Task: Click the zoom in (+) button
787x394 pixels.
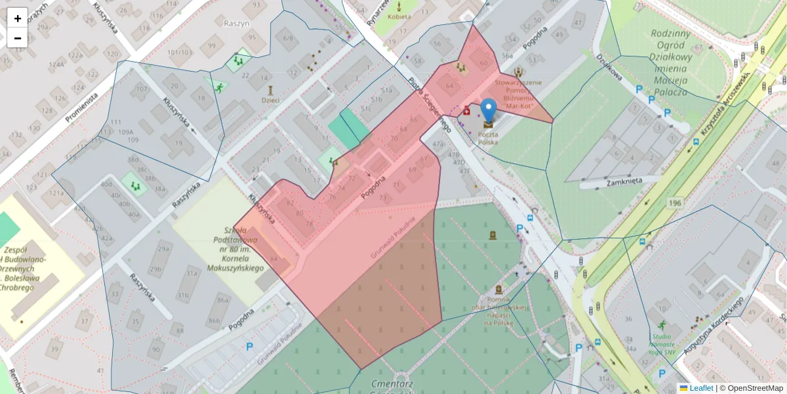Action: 17,18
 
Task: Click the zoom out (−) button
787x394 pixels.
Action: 17,38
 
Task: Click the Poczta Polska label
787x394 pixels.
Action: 487,138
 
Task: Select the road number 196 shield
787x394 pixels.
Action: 676,204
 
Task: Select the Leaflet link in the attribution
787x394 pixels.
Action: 701,388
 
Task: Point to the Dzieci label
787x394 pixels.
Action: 270,100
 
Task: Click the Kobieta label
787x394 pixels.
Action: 399,16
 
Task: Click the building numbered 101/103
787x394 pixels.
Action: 180,53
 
